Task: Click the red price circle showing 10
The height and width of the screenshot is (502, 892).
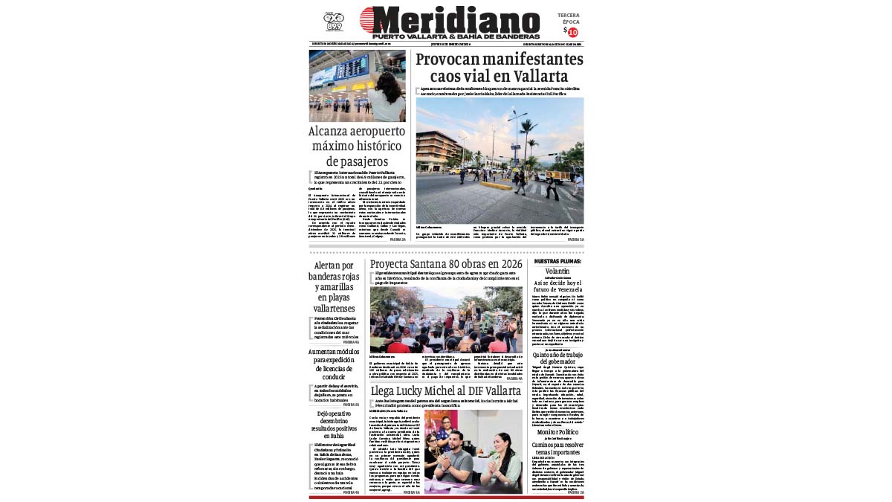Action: (572, 32)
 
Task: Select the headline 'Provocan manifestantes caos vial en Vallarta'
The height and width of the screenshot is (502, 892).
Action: (499, 68)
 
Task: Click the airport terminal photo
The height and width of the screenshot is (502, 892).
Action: (358, 86)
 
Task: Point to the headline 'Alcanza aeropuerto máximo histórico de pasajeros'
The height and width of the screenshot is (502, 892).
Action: (358, 146)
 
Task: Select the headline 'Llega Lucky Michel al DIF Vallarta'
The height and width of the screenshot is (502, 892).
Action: (446, 390)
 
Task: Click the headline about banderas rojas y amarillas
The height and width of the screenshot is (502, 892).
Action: (334, 286)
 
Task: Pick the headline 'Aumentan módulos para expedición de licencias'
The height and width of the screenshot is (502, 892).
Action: (334, 365)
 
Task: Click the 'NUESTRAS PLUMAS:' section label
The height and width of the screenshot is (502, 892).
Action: (557, 262)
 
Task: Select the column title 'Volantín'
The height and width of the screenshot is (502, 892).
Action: (557, 271)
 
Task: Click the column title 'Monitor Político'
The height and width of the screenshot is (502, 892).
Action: (557, 432)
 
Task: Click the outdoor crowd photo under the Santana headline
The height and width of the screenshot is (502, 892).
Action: (446, 320)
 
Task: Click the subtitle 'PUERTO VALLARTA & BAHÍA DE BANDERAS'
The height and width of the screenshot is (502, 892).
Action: (456, 36)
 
